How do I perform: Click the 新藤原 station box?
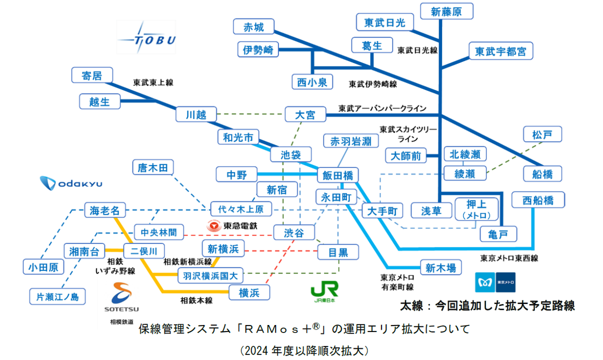click(x=446, y=12)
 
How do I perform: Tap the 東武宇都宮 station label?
click(x=500, y=51)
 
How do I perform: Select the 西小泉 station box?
click(x=312, y=82)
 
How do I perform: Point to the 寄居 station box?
click(x=91, y=75)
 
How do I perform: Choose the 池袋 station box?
click(x=290, y=154)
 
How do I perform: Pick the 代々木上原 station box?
click(x=241, y=208)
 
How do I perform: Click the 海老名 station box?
click(x=105, y=210)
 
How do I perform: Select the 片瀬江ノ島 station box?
click(x=57, y=296)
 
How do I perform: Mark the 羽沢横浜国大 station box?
click(x=210, y=274)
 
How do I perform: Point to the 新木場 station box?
click(x=440, y=268)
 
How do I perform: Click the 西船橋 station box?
click(x=538, y=200)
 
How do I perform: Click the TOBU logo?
click(x=146, y=38)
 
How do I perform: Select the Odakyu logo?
click(x=71, y=183)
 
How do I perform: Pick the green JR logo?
click(x=324, y=289)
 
